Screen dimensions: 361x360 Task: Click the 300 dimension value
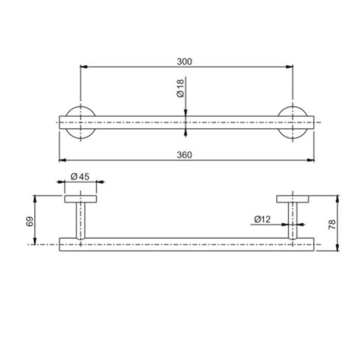click(x=184, y=61)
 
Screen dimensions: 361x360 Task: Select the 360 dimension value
click(x=184, y=155)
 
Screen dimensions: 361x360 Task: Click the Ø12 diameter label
click(x=263, y=219)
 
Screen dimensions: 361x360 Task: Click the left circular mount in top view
click(x=80, y=122)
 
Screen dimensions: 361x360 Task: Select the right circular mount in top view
click(x=292, y=122)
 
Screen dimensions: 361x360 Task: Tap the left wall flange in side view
click(x=80, y=199)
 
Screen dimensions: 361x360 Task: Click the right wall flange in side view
click(x=292, y=199)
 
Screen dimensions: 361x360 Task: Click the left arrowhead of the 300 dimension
click(x=83, y=66)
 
